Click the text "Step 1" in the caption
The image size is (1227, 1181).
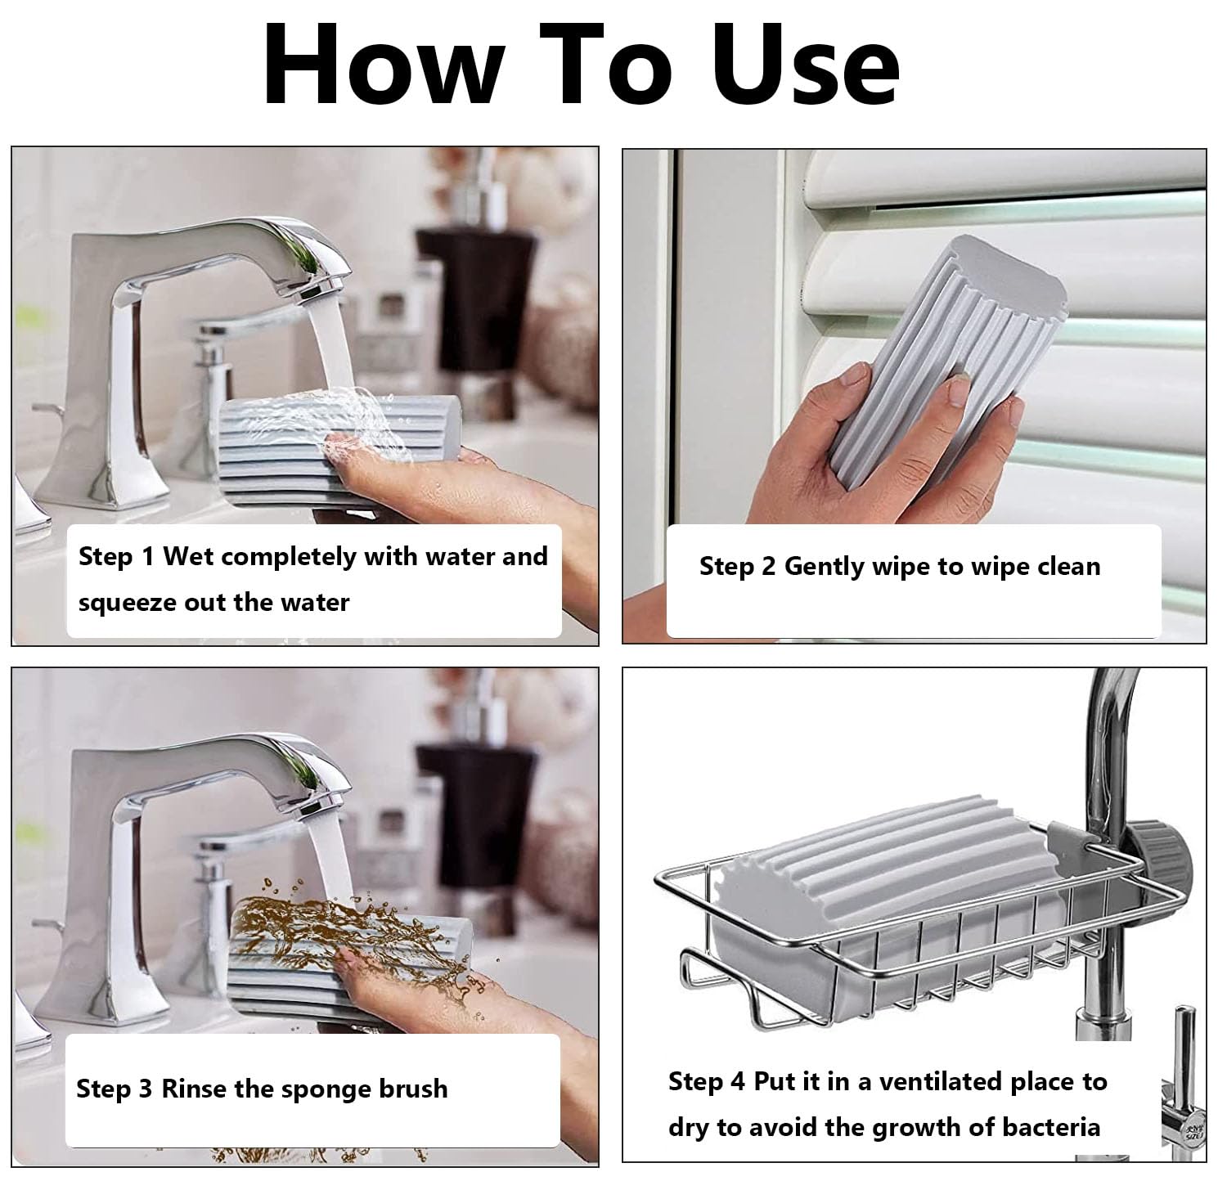click(116, 557)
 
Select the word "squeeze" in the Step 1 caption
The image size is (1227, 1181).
click(128, 603)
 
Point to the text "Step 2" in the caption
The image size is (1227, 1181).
click(737, 567)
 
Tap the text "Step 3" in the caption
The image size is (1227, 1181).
click(115, 1089)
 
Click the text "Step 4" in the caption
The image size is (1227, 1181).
click(707, 1081)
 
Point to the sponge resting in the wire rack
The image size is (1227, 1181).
click(883, 883)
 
